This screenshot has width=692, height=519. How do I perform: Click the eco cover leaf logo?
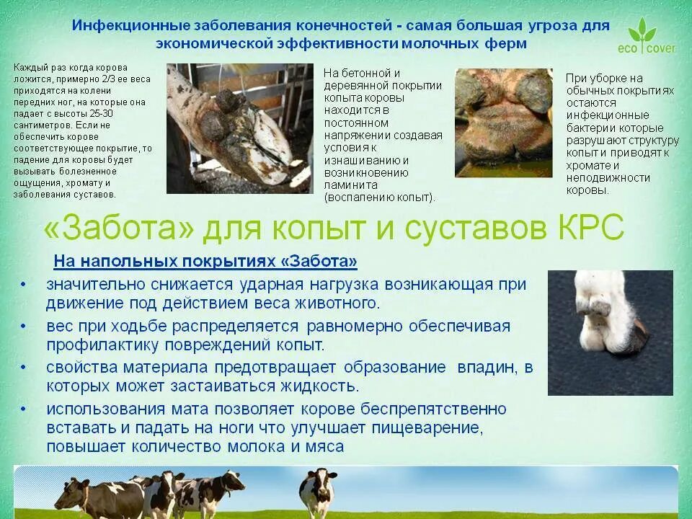click(x=647, y=35)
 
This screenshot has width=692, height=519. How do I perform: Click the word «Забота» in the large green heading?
click(x=119, y=227)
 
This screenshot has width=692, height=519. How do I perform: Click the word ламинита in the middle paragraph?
click(x=351, y=185)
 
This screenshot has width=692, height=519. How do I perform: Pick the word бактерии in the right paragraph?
click(x=586, y=128)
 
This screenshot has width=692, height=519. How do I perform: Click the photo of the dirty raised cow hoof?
click(x=239, y=128)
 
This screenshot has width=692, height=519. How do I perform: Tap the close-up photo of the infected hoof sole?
click(x=504, y=123)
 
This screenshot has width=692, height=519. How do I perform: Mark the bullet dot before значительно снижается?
click(x=23, y=285)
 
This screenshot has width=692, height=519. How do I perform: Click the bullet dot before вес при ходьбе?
click(x=23, y=326)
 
